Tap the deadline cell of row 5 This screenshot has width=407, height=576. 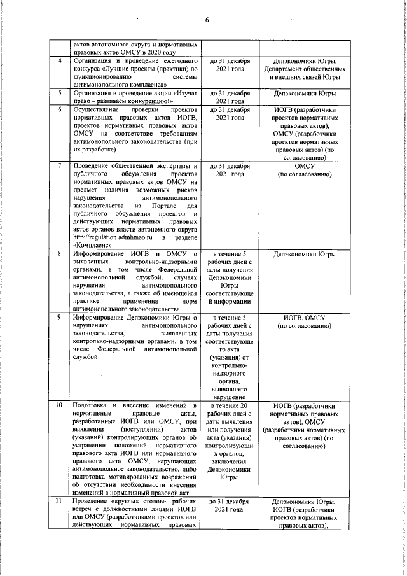pos(230,97)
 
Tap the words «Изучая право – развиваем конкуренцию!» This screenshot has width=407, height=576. pos(134,97)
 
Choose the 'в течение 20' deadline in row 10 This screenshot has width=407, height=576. pos(230,405)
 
